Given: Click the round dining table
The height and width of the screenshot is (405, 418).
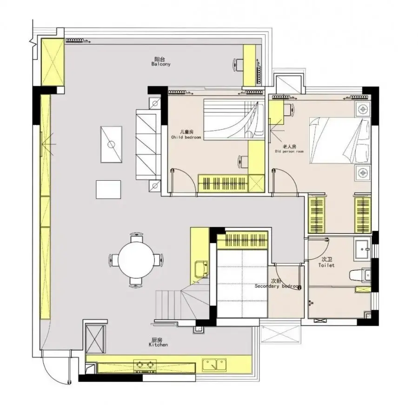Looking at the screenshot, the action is click(136, 259).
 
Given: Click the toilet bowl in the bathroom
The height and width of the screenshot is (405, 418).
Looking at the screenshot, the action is click(360, 275).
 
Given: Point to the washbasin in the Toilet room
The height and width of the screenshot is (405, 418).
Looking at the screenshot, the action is click(362, 248).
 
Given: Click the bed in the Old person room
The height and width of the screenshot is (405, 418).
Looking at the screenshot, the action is click(340, 140).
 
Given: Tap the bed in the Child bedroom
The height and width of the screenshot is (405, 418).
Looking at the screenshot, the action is click(234, 119).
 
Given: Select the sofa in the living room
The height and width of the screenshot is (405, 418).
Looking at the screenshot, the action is click(148, 144).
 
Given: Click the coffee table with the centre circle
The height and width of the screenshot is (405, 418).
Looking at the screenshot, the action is click(111, 144).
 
